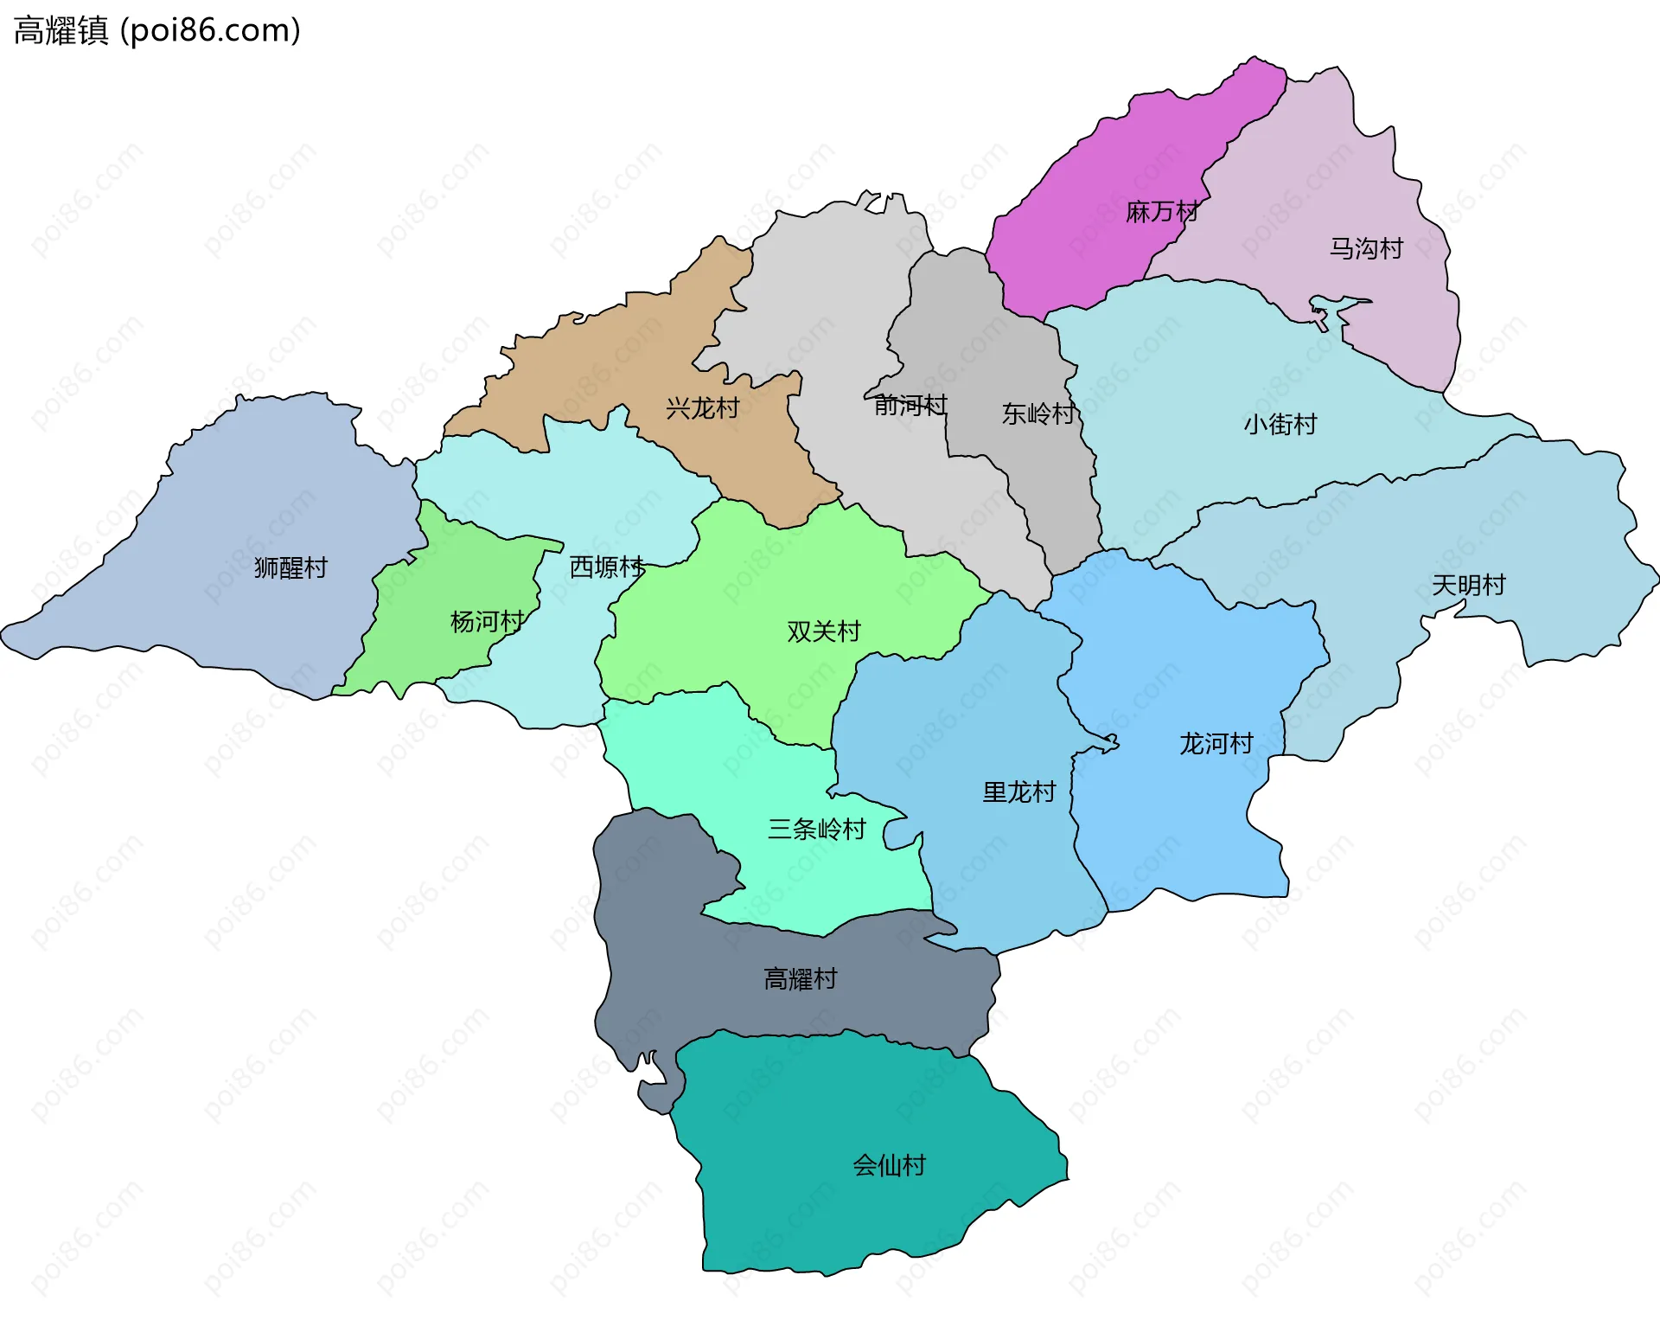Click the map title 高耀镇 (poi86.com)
(x=157, y=30)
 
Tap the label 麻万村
(x=1162, y=212)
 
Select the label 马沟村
(x=1366, y=249)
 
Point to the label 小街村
(x=1280, y=425)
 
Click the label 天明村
(x=1468, y=586)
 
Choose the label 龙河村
(x=1216, y=744)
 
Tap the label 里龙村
(x=1018, y=792)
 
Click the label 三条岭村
(x=816, y=830)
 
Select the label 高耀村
(x=800, y=979)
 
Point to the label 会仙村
(x=889, y=1166)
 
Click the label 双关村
(x=823, y=631)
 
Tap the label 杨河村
(x=487, y=622)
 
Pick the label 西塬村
(x=606, y=567)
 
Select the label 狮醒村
(x=290, y=568)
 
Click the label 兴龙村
(x=702, y=408)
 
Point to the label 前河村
(x=910, y=405)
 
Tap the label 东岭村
(x=1037, y=414)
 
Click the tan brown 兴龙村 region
(x=605, y=363)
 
